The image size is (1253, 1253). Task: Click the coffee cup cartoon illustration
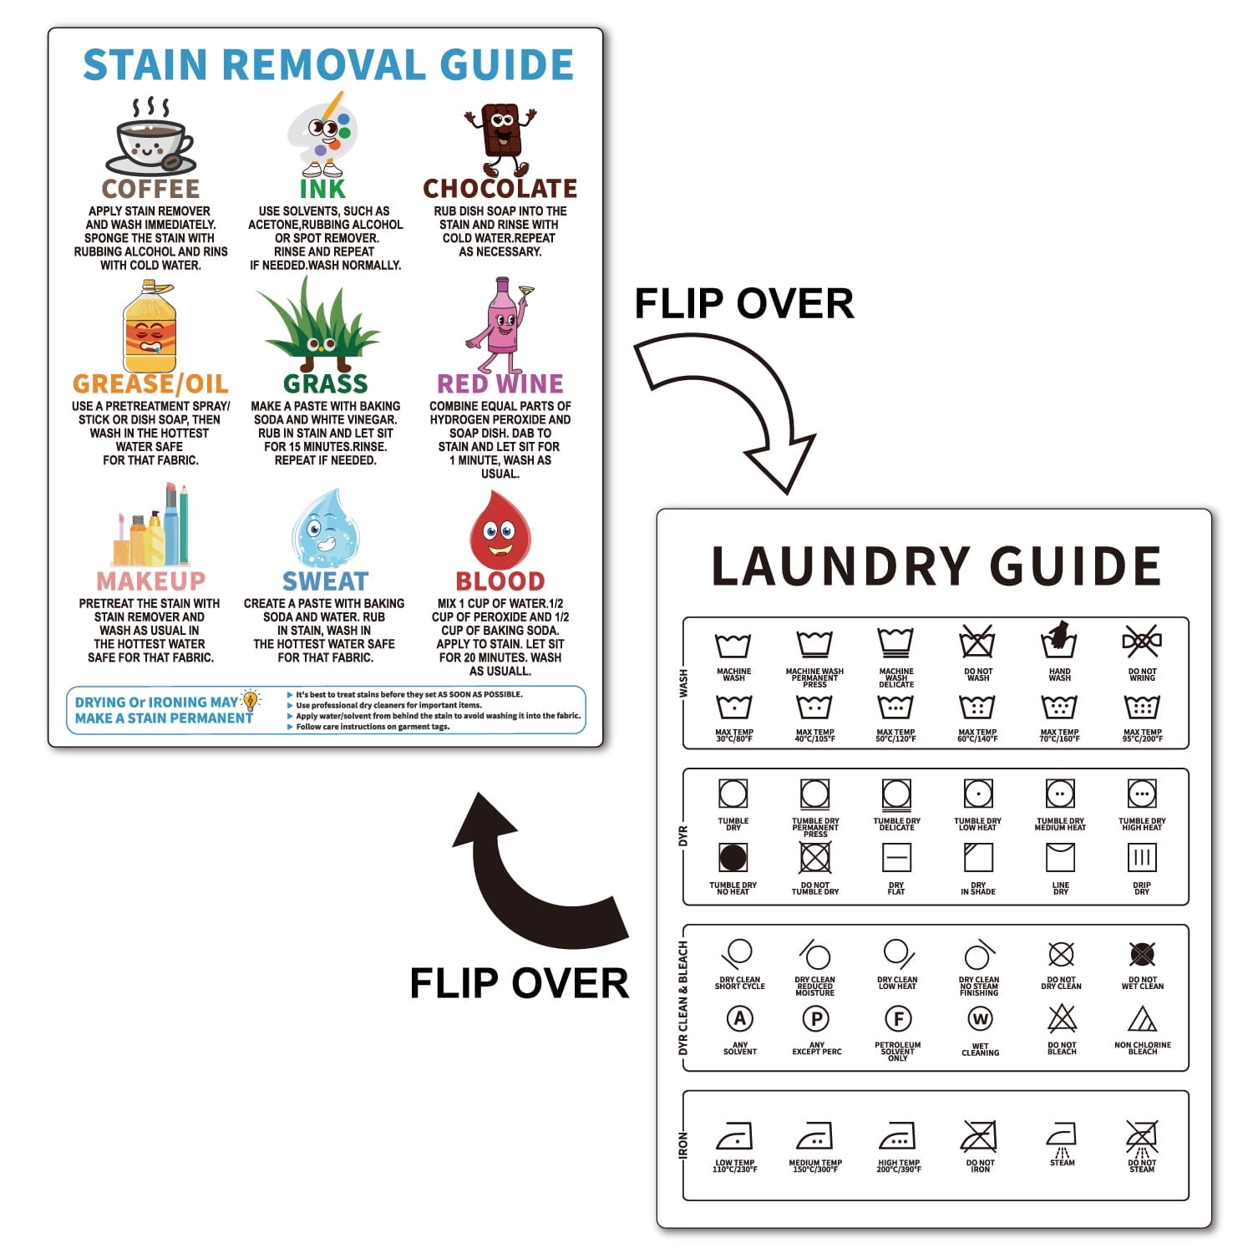pos(151,138)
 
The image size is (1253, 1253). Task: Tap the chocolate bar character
pos(500,138)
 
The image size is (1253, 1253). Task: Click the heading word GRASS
pos(325,383)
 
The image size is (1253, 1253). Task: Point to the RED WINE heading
pos(500,383)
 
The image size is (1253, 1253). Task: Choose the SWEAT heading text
pos(325,581)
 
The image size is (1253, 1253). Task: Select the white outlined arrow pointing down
pos(735,409)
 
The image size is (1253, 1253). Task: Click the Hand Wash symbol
pos(1059,642)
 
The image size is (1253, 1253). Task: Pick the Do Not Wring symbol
pos(1142,642)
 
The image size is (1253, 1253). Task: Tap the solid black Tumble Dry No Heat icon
pos(733,858)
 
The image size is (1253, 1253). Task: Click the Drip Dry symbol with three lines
pos(1142,858)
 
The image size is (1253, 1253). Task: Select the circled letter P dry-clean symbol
pos(816,1019)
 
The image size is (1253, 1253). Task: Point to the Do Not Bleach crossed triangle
pos(1062,1019)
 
